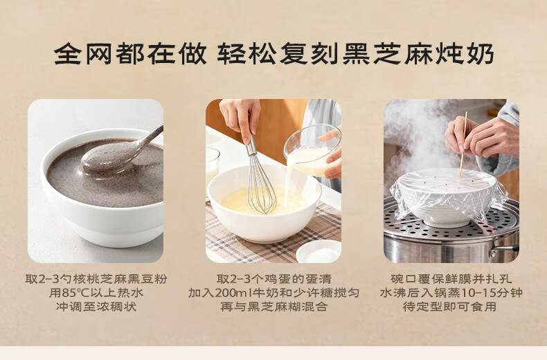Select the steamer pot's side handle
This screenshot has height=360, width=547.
pyautogui.click(x=505, y=250)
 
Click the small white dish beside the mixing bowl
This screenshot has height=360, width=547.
pyautogui.click(x=318, y=251)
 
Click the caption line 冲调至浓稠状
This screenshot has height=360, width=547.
pyautogui.click(x=96, y=307)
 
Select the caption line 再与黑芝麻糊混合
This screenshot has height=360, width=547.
pyautogui.click(x=274, y=307)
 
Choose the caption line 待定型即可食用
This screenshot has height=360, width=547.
pyautogui.click(x=449, y=307)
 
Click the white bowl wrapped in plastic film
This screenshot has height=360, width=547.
pyautogui.click(x=447, y=198)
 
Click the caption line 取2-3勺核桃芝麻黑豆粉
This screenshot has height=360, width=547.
pyautogui.click(x=96, y=279)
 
